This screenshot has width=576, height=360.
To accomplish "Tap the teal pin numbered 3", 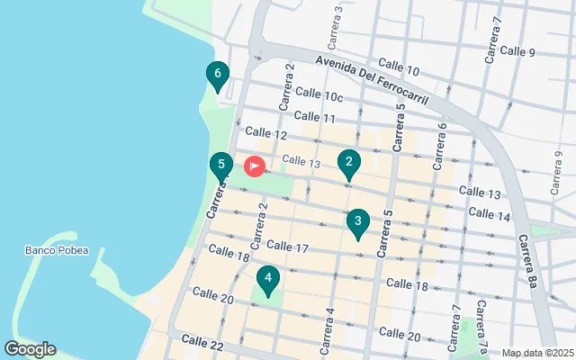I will click(x=358, y=222).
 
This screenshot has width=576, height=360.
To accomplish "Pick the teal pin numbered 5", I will click(x=220, y=166).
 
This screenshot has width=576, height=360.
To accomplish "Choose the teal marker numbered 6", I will click(x=217, y=75).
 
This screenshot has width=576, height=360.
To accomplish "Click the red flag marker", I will click(x=254, y=166).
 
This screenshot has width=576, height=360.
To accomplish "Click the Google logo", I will click(x=30, y=349).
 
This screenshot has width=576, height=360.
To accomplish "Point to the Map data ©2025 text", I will click(x=536, y=353).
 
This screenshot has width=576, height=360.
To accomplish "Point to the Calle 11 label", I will click(x=315, y=117).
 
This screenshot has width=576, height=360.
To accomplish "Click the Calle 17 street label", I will click(x=288, y=247).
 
